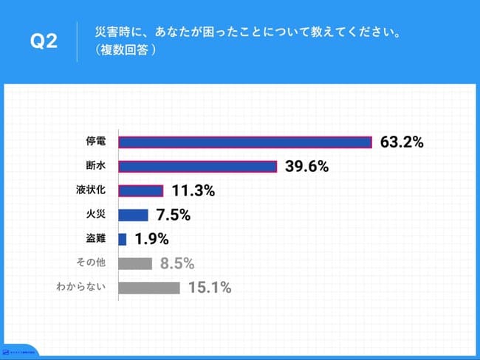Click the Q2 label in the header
pyautogui.click(x=43, y=42)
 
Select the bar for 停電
pyautogui.click(x=244, y=142)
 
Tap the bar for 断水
pyautogui.click(x=197, y=167)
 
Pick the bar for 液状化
pyautogui.click(x=140, y=191)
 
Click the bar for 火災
pyautogui.click(x=133, y=215)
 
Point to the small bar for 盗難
pyautogui.click(x=123, y=239)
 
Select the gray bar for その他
pyautogui.click(x=135, y=263)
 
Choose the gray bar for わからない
pyautogui.click(x=149, y=288)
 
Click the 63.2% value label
pyautogui.click(x=402, y=142)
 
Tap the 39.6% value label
pyautogui.click(x=306, y=167)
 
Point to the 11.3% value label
pyautogui.click(x=193, y=191)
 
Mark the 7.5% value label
pyautogui.click(x=174, y=215)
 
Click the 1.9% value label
pyautogui.click(x=151, y=239)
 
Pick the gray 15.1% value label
pyautogui.click(x=210, y=288)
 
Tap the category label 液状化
pyautogui.click(x=95, y=191)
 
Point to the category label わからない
pyautogui.click(x=83, y=288)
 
